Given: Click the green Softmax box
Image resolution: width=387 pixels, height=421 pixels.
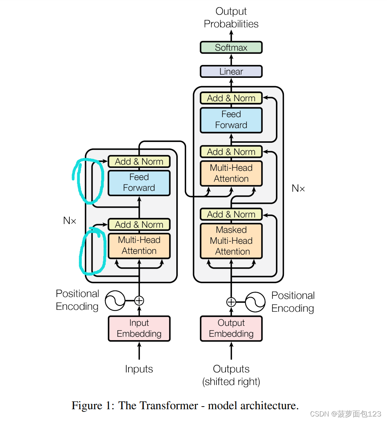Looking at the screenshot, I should (231, 47).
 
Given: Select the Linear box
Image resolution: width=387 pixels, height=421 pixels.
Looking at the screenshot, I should (231, 71).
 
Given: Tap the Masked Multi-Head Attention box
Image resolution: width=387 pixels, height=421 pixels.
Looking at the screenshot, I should (231, 241).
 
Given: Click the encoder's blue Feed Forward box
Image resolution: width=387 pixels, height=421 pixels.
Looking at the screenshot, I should (139, 183).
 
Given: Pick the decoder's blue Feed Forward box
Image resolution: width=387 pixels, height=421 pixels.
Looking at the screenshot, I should (231, 120).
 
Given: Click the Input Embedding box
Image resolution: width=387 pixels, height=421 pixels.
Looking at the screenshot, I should (139, 328).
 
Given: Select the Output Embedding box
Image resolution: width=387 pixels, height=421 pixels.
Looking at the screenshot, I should (231, 328).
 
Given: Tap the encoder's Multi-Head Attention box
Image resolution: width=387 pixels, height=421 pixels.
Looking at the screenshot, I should (139, 246).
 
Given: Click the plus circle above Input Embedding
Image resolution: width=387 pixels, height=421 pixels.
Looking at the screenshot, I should (139, 301).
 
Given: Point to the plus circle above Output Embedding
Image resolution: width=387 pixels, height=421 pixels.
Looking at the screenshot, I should (231, 302).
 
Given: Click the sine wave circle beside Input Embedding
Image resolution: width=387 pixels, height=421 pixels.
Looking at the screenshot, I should (115, 301).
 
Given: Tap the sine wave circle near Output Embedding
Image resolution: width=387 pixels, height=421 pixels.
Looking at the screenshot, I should (255, 302).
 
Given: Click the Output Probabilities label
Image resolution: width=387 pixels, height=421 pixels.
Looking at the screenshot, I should (231, 17).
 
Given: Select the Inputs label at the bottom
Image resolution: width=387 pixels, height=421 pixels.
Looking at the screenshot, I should (139, 369).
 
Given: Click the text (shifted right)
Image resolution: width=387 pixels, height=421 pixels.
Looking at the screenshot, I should (231, 382).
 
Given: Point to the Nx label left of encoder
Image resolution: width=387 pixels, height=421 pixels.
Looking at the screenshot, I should (70, 221).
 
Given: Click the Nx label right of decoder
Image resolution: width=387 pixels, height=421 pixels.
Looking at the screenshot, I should (298, 188).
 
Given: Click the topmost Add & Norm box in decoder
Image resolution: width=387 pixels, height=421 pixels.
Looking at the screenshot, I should (231, 98).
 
